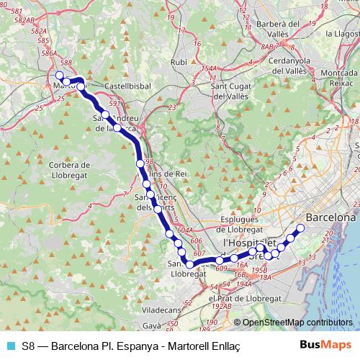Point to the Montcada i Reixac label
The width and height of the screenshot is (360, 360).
341,79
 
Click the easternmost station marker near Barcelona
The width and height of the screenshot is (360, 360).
301,228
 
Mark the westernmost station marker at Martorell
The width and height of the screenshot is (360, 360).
59,75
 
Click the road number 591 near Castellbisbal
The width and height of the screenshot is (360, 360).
114,104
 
